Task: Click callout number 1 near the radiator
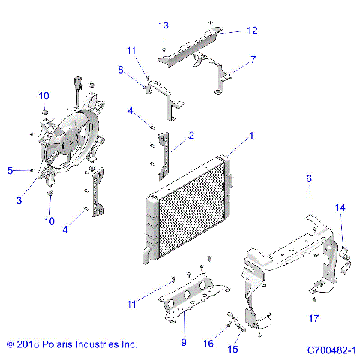(x=252, y=136)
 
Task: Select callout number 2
(x=191, y=136)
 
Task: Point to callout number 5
(x=10, y=171)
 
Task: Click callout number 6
(x=308, y=179)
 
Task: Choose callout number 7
(x=253, y=58)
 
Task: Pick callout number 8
(x=121, y=70)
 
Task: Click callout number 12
(x=252, y=31)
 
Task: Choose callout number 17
(x=313, y=318)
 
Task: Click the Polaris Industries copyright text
(x=71, y=345)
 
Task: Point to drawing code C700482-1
(x=330, y=349)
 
